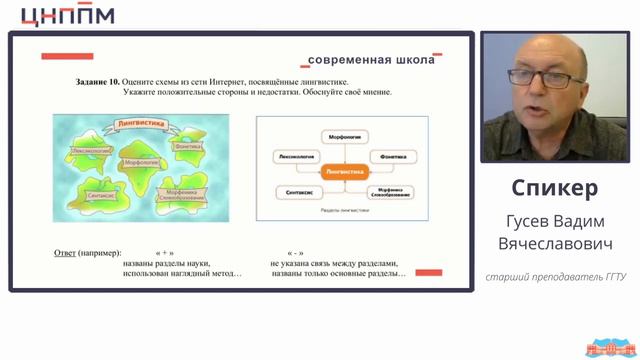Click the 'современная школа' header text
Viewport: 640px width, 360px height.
[371, 60]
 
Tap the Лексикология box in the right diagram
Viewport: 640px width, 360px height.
[294, 157]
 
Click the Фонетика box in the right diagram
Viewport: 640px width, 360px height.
[391, 157]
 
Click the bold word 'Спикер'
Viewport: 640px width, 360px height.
[554, 188]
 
